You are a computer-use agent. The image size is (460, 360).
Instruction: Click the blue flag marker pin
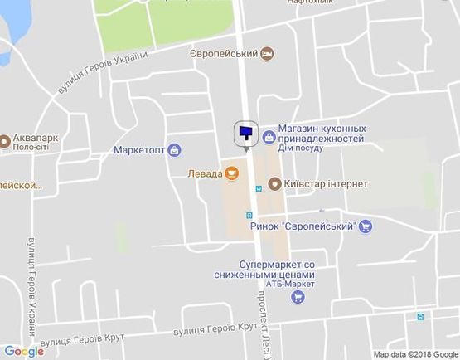pyautogui.click(x=246, y=133)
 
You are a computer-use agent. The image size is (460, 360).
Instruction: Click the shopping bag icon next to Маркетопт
pyautogui.click(x=174, y=151)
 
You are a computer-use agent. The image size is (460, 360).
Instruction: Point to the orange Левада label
pyautogui.click(x=203, y=173)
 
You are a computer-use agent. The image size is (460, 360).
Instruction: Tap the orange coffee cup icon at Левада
pyautogui.click(x=231, y=173)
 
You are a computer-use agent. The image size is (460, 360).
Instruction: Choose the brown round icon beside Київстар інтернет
pyautogui.click(x=274, y=183)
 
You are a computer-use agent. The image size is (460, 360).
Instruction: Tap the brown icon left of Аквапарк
pyautogui.click(x=4, y=140)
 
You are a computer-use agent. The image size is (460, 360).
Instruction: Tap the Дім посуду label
pyautogui.click(x=302, y=149)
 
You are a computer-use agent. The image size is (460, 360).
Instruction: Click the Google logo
pyautogui.click(x=23, y=351)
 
